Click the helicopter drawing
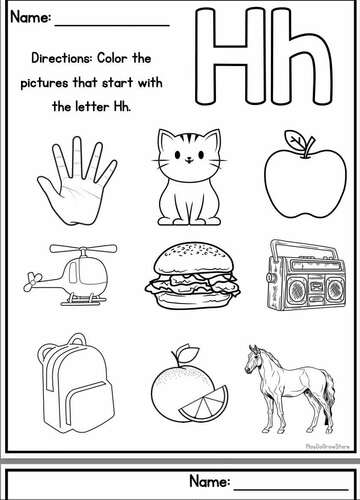[73, 271]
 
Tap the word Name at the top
[31, 18]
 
